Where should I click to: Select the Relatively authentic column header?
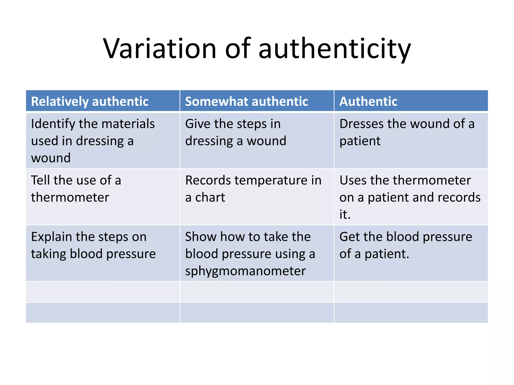90,102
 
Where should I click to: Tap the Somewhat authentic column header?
246,102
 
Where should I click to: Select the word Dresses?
360,124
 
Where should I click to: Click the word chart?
210,198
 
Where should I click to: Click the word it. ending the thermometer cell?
345,215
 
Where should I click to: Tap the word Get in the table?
349,237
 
